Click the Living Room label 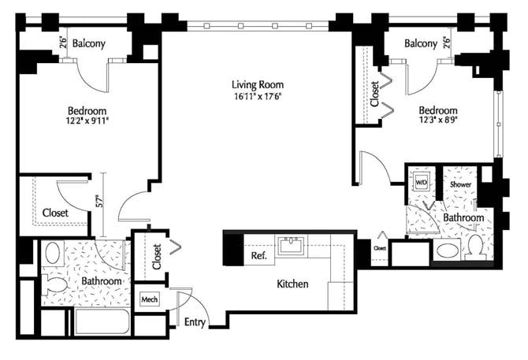tap(257, 84)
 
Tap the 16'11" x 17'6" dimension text tap(257, 97)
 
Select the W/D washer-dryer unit tap(421, 183)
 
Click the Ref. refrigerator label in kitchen tap(258, 256)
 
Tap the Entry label tap(195, 322)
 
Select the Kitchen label tap(292, 284)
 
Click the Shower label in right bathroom tap(460, 184)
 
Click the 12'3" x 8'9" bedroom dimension tap(438, 122)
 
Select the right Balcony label tap(421, 43)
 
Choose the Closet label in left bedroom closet tap(54, 213)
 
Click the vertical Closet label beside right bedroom tap(374, 92)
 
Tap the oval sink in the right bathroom tap(445, 251)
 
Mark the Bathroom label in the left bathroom tap(101, 281)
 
